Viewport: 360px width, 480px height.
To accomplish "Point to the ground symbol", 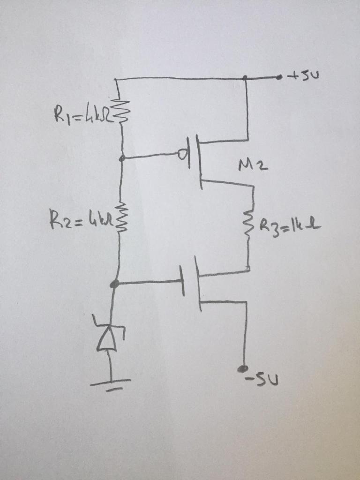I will pyautogui.click(x=111, y=383).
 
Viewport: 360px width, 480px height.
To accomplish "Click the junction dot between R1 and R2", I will pyautogui.click(x=122, y=158).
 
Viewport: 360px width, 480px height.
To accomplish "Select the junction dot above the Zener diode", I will pyautogui.click(x=114, y=283).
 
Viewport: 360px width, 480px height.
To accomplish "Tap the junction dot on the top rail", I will pyautogui.click(x=246, y=77).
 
